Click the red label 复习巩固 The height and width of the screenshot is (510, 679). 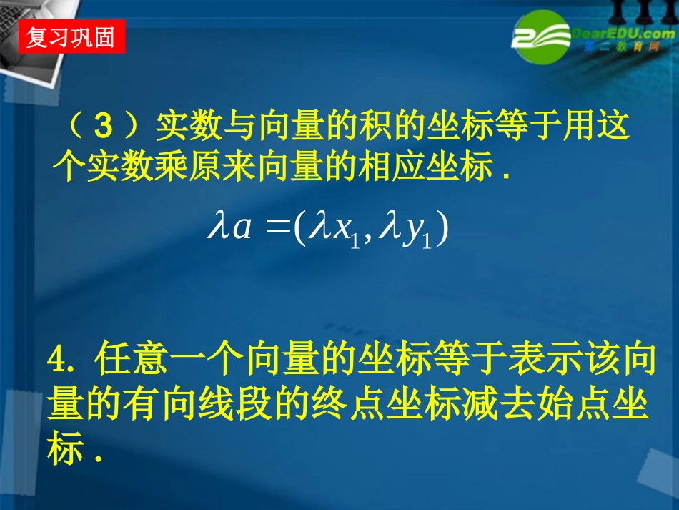[71, 36]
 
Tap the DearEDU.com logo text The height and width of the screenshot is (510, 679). [618, 33]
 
